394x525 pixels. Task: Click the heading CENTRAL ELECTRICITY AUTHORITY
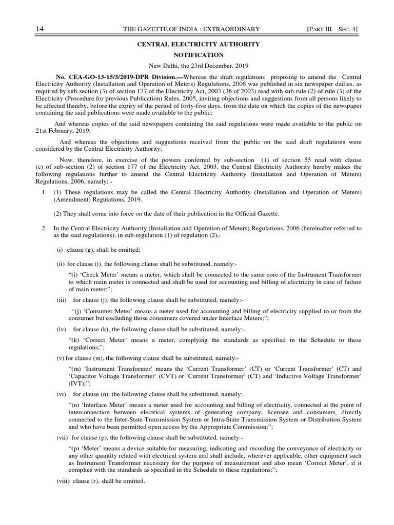(x=198, y=45)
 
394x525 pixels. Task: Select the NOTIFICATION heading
(x=198, y=55)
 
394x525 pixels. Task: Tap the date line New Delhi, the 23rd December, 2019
(x=198, y=66)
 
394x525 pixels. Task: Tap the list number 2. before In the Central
(x=45, y=228)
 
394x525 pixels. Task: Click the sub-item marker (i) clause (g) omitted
(x=60, y=250)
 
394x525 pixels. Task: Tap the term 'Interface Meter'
(x=103, y=405)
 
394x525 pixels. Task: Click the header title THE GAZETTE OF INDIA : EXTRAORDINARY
(x=191, y=29)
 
